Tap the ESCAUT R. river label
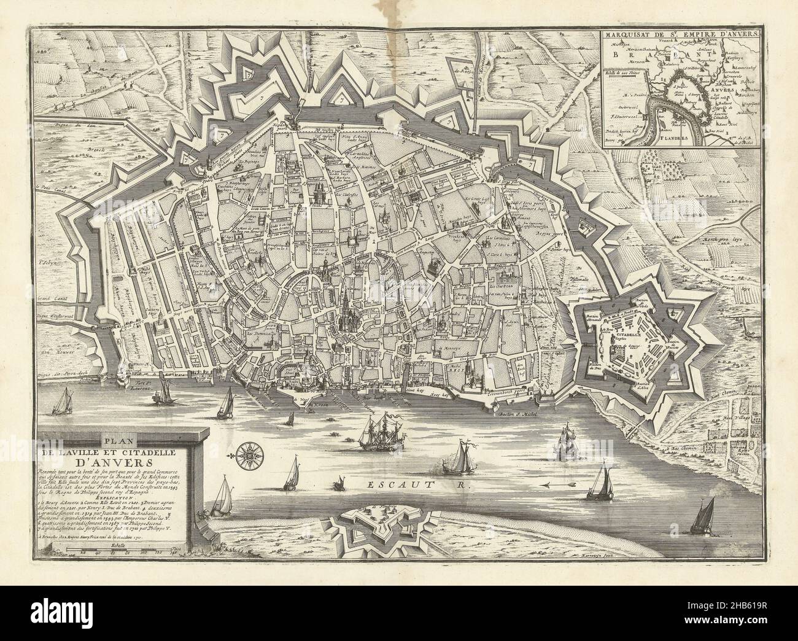[x=417, y=485]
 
